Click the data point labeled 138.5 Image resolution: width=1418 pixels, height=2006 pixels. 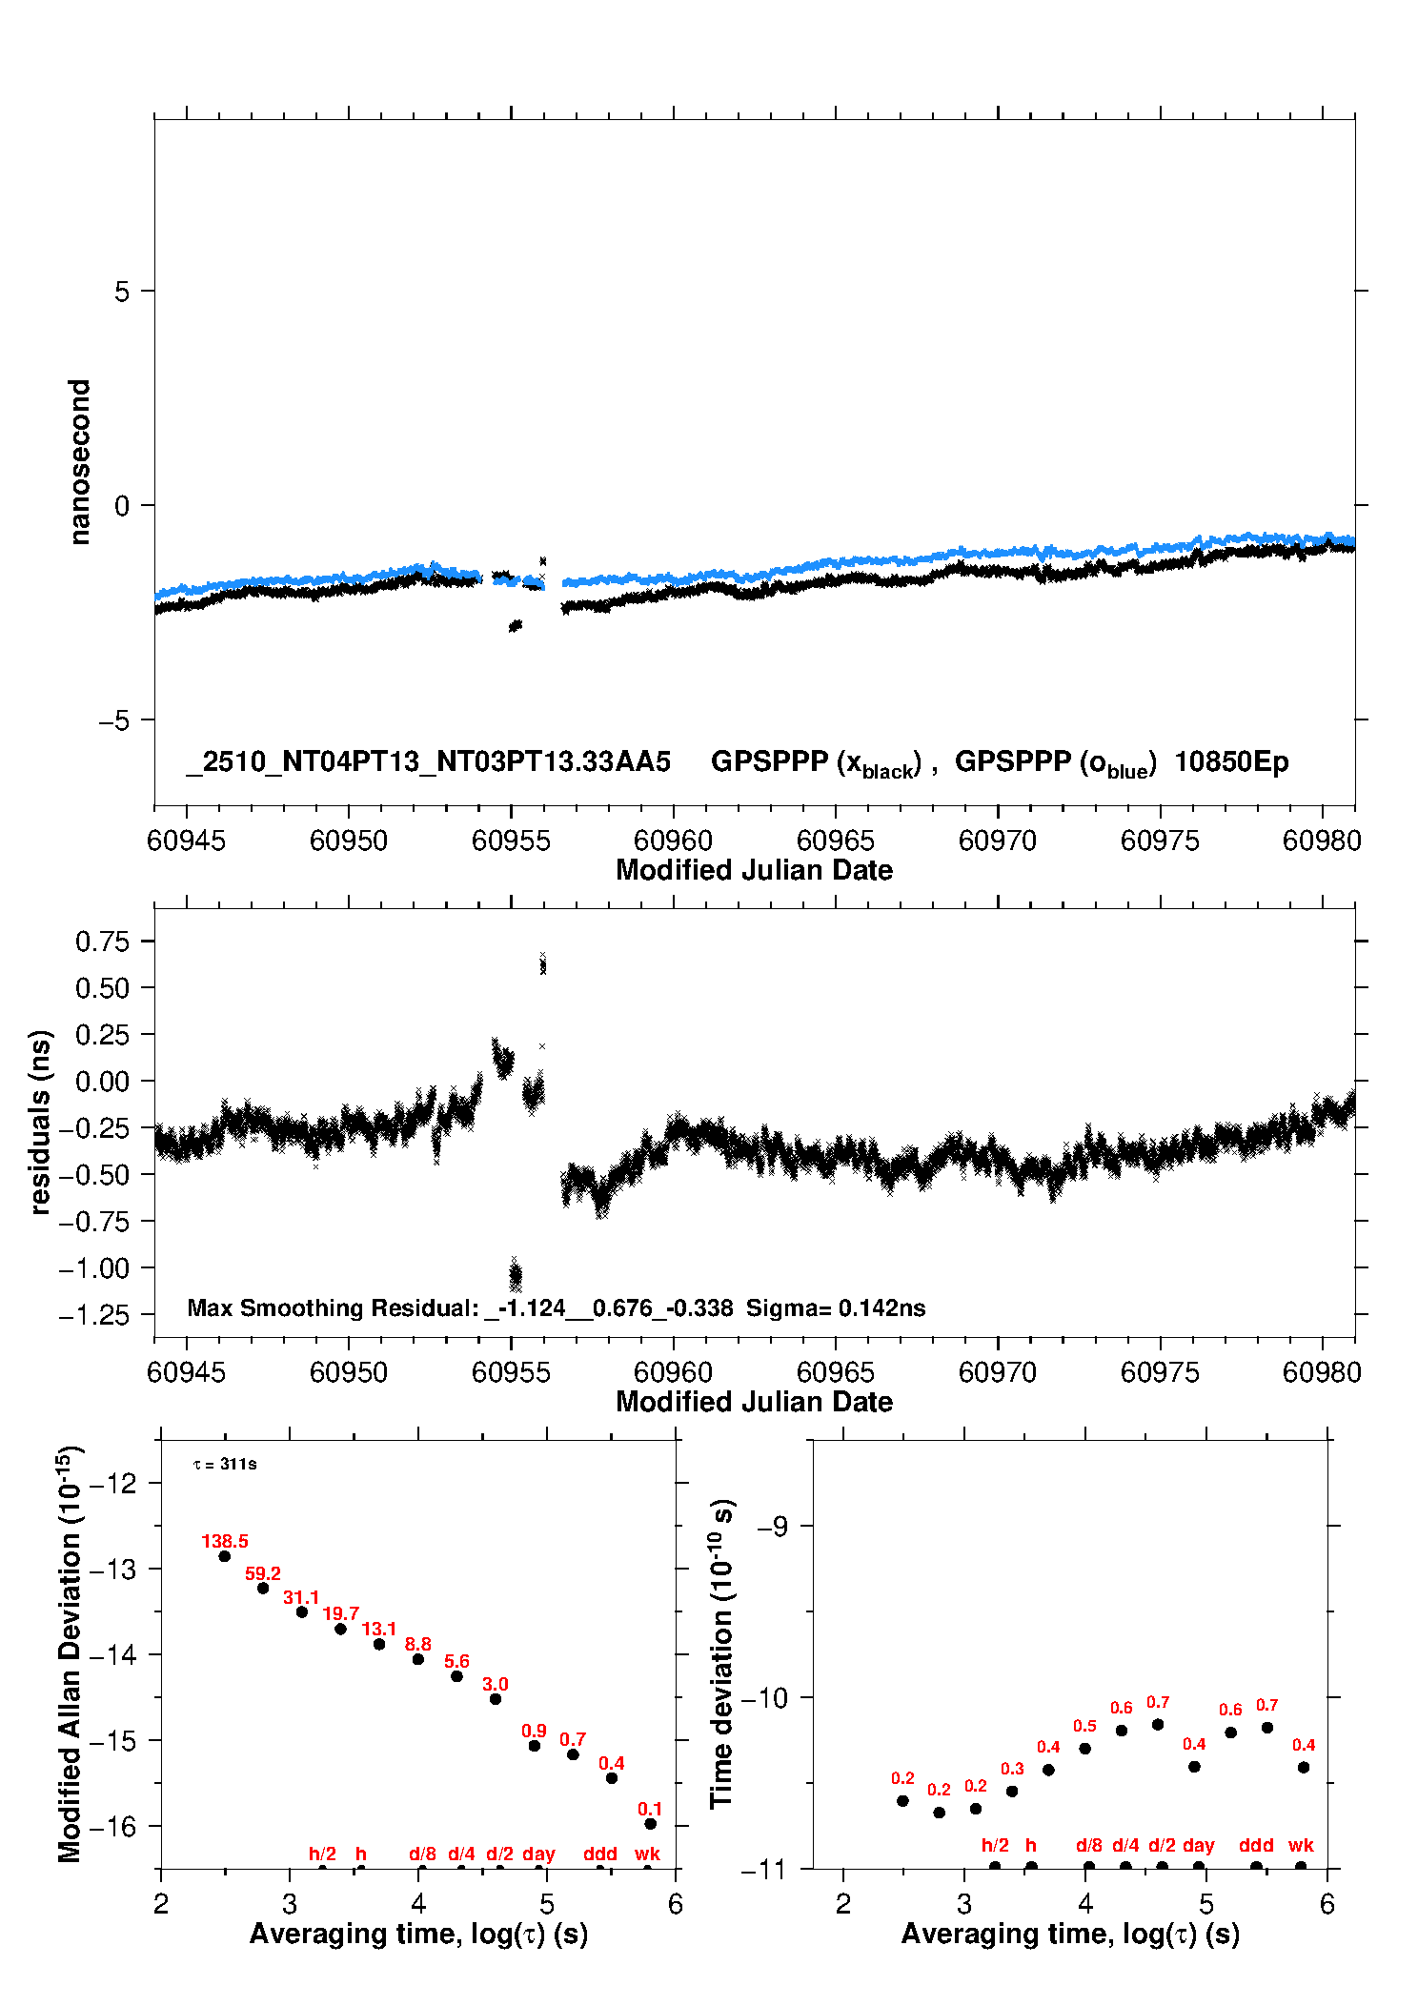[x=225, y=1556]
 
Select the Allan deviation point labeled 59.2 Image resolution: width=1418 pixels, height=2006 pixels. [x=263, y=1588]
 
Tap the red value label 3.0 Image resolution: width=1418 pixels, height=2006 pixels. [x=496, y=1684]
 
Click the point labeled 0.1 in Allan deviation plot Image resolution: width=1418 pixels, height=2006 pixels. [x=650, y=1823]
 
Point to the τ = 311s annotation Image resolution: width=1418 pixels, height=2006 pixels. [x=225, y=1464]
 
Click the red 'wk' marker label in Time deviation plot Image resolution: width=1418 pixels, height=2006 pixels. [x=1301, y=1845]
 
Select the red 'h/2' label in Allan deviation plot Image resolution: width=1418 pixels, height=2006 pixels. [x=322, y=1854]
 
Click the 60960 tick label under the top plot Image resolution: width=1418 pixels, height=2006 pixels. [x=673, y=841]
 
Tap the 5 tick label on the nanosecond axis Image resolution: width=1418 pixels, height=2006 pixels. [x=122, y=292]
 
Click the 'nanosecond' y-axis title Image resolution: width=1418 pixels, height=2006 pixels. [x=80, y=462]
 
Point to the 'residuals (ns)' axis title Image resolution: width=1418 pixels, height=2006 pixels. [x=40, y=1122]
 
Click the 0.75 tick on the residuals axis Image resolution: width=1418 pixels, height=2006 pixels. [x=102, y=942]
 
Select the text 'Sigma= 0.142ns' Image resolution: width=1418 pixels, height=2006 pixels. [x=836, y=1307]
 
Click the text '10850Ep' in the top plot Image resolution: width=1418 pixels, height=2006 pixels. [x=1231, y=762]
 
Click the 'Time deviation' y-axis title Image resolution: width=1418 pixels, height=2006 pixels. [x=721, y=1654]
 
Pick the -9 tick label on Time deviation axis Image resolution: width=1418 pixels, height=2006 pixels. [x=773, y=1527]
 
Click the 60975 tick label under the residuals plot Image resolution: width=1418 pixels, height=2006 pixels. [x=1160, y=1372]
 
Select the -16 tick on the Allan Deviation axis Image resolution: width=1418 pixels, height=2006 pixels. [x=112, y=1826]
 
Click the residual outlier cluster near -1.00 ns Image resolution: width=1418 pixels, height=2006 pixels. [x=516, y=1274]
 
